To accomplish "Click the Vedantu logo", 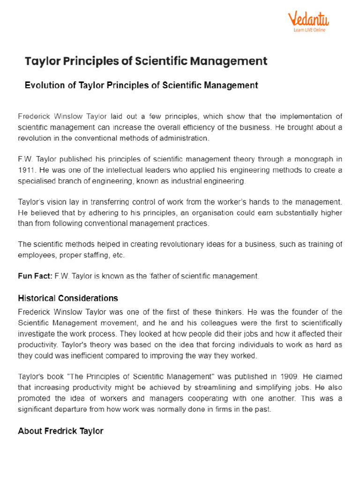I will point(308,19).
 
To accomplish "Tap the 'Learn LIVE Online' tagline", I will point(309,30).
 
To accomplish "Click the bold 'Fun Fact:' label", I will point(35,277).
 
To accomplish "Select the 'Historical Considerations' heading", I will point(68,298).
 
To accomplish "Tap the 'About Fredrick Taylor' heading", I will point(60,431).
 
